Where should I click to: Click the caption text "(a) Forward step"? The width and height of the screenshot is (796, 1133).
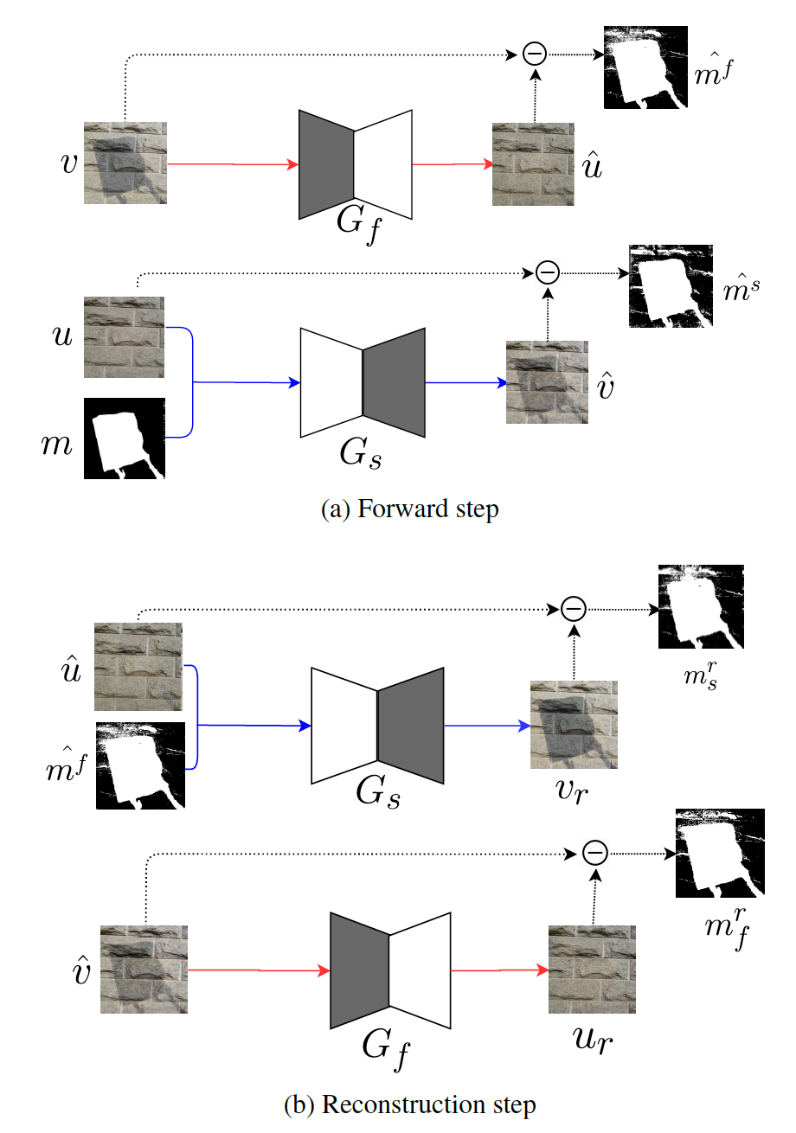409,510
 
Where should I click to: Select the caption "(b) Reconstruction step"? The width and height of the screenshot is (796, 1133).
409,1104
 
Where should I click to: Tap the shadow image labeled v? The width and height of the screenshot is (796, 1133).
125,163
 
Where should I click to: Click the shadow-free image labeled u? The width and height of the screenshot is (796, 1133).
125,337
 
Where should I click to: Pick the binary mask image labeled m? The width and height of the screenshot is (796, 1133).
125,438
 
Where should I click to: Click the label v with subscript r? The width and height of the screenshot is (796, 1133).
573,791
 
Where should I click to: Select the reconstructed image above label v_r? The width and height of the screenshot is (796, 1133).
573,725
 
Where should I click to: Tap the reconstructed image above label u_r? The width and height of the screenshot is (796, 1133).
593,970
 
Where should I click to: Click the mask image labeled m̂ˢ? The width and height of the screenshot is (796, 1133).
671,286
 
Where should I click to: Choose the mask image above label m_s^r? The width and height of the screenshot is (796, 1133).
701,606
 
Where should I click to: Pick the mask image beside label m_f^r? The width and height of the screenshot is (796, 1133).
718,853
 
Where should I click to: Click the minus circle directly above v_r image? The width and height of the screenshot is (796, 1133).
573,609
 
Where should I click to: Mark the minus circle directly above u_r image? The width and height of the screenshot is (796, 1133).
594,853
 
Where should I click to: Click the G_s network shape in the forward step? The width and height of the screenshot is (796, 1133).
363,381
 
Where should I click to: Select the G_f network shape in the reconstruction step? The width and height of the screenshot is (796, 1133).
390,971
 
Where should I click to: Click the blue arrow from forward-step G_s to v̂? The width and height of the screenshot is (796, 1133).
465,381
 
